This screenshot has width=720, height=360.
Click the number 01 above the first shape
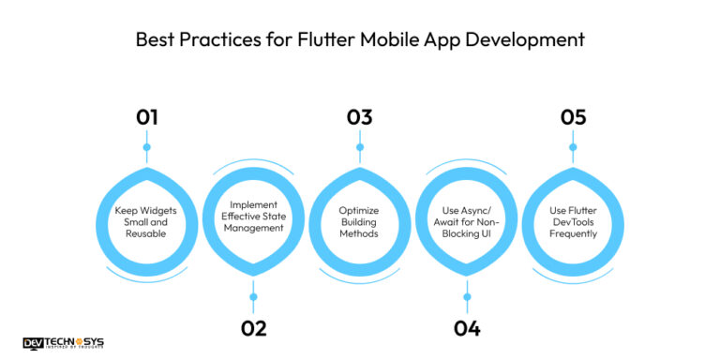click(x=146, y=117)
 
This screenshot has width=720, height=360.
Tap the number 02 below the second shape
click(x=253, y=328)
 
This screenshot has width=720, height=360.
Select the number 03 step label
click(x=359, y=117)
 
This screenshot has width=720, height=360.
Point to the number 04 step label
click(x=466, y=328)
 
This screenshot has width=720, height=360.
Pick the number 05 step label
click(x=573, y=117)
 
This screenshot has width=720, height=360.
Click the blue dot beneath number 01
click(x=146, y=146)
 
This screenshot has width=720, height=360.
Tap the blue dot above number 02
click(x=253, y=297)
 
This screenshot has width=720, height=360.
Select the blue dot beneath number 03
click(x=359, y=146)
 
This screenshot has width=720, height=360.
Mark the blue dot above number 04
click(x=466, y=297)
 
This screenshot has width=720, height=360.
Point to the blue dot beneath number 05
click(x=573, y=146)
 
